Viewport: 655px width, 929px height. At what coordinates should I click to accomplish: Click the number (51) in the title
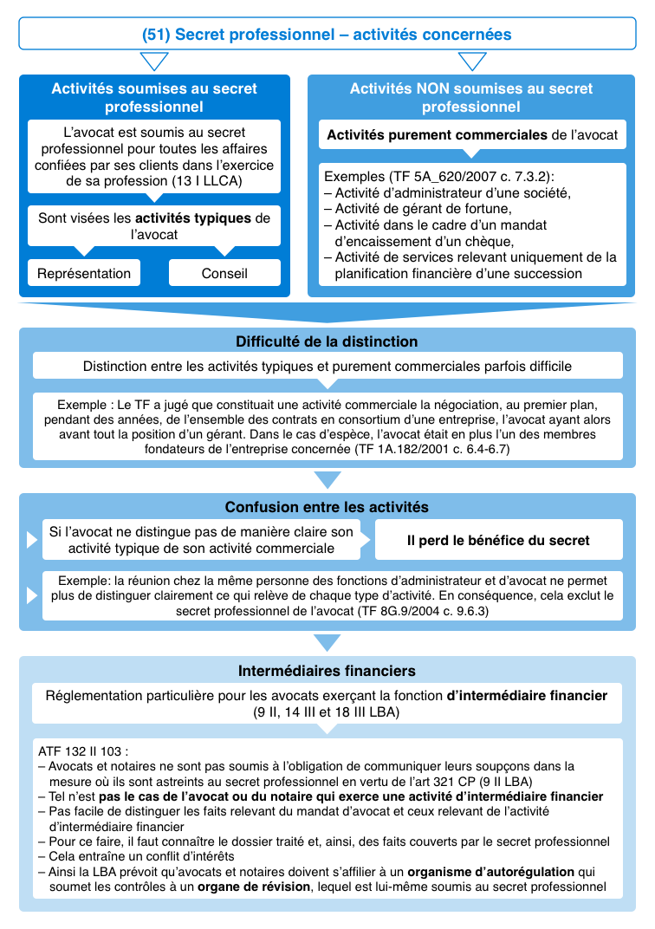click(x=156, y=35)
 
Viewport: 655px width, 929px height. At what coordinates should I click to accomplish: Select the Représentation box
click(x=84, y=273)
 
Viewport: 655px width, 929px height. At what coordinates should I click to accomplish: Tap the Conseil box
click(x=224, y=273)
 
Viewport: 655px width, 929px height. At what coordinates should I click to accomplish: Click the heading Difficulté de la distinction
click(x=327, y=341)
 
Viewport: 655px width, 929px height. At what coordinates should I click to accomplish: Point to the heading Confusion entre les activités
click(x=327, y=507)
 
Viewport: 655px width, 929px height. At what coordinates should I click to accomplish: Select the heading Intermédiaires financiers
click(x=327, y=671)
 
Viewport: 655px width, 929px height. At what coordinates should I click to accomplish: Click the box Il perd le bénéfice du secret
click(x=498, y=540)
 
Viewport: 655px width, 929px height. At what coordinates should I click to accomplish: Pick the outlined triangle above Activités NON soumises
click(x=472, y=62)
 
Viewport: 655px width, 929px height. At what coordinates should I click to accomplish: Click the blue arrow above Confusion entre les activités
click(x=327, y=479)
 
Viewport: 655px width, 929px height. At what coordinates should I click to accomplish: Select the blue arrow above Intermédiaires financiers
click(x=327, y=642)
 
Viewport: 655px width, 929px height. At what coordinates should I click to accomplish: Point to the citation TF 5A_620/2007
click(x=431, y=177)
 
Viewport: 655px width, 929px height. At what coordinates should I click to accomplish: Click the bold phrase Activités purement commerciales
click(x=437, y=135)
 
